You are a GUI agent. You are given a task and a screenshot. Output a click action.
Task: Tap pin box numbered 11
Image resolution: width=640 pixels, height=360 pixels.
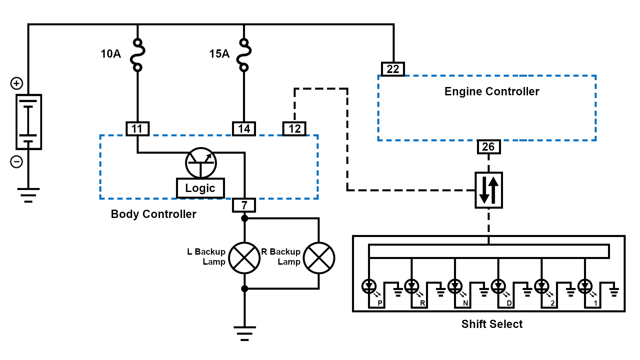click(x=137, y=129)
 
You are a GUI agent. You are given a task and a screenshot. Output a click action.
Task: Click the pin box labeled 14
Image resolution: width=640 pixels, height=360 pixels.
click(x=244, y=129)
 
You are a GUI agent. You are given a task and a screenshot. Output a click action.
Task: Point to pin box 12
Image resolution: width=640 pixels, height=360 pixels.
click(x=294, y=129)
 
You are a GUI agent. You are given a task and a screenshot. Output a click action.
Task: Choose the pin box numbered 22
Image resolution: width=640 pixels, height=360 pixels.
click(x=393, y=69)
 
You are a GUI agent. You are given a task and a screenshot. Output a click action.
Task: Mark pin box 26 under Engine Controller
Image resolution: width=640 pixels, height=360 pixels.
click(x=488, y=147)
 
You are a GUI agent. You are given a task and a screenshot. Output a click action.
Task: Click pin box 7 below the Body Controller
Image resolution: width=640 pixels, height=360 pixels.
click(x=244, y=205)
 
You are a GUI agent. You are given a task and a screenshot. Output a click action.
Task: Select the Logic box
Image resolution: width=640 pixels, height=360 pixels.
click(x=200, y=188)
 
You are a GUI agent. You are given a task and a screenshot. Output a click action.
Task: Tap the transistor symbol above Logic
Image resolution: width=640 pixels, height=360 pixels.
click(x=201, y=163)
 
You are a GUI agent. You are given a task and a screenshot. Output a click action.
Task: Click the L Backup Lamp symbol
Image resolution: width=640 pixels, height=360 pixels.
click(x=244, y=258)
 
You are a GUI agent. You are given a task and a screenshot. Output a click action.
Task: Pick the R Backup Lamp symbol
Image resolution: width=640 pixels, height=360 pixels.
click(x=319, y=258)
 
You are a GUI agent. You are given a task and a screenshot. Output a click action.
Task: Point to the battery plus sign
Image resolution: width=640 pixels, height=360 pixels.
click(x=17, y=83)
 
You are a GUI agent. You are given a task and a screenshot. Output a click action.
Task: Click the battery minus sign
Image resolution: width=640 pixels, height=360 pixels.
click(x=17, y=162)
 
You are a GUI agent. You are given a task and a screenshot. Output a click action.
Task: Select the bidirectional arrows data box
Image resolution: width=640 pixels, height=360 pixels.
click(x=489, y=190)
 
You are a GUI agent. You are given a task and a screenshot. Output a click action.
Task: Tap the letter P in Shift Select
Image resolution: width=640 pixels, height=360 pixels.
click(x=380, y=303)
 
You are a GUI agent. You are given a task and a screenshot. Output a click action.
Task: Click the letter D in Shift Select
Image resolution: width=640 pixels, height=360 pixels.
click(x=509, y=303)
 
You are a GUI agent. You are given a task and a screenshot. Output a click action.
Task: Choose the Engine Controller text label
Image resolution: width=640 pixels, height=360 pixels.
click(x=492, y=91)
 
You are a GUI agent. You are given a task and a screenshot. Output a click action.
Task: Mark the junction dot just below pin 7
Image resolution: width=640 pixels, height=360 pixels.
click(x=245, y=218)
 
